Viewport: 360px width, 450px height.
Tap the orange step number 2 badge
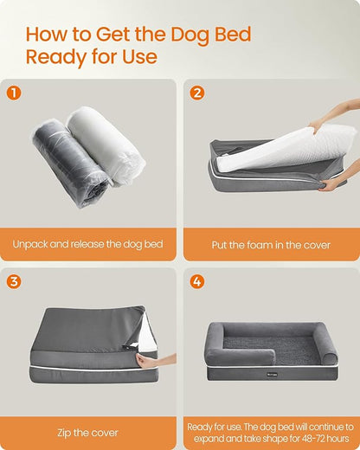point(197,93)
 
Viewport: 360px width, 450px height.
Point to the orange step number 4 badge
point(197,281)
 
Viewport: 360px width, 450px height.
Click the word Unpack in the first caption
point(31,245)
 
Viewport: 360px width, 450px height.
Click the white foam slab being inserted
point(277,147)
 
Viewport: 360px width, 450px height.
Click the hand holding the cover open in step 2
point(336,183)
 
